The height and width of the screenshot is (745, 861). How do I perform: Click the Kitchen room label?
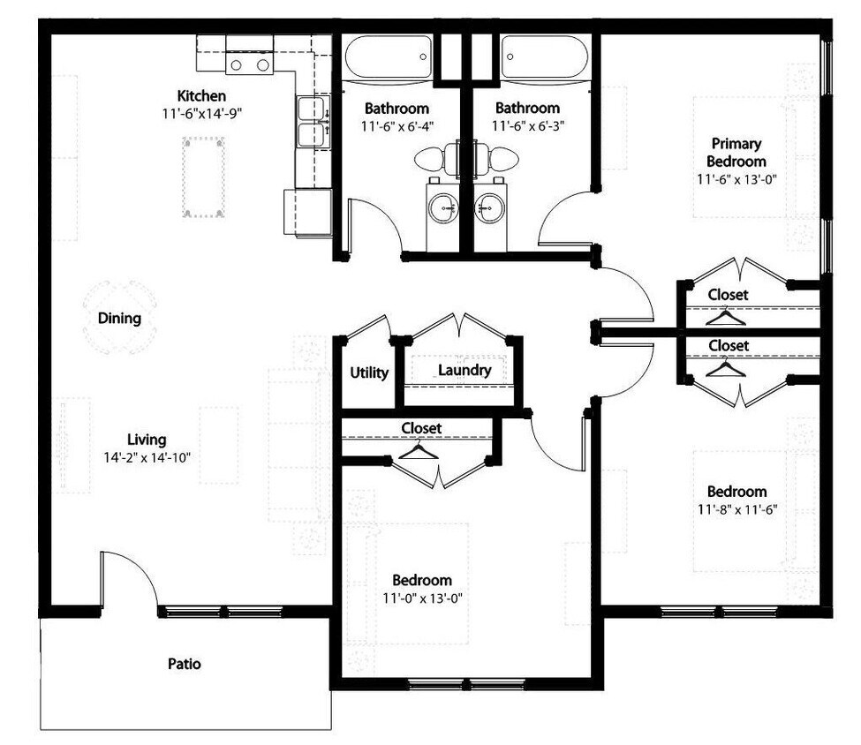(201, 95)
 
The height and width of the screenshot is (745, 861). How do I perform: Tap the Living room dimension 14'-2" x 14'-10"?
(146, 457)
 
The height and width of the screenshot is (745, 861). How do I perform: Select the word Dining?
(119, 319)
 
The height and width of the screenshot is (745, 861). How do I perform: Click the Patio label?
(184, 663)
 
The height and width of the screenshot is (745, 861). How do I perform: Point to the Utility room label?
(368, 373)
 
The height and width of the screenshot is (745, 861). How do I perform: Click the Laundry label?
(464, 371)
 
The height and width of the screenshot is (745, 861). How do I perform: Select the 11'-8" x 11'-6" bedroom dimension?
(736, 509)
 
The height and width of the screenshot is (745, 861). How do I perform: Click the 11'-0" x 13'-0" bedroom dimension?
(421, 598)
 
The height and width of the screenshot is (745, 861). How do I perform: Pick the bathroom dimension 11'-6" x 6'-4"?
(397, 126)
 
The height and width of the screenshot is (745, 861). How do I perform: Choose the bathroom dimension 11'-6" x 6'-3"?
(527, 126)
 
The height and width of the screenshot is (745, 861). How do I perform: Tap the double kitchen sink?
(311, 123)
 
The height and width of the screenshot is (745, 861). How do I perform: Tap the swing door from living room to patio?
(128, 581)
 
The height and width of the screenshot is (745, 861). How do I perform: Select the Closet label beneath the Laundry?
(420, 428)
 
